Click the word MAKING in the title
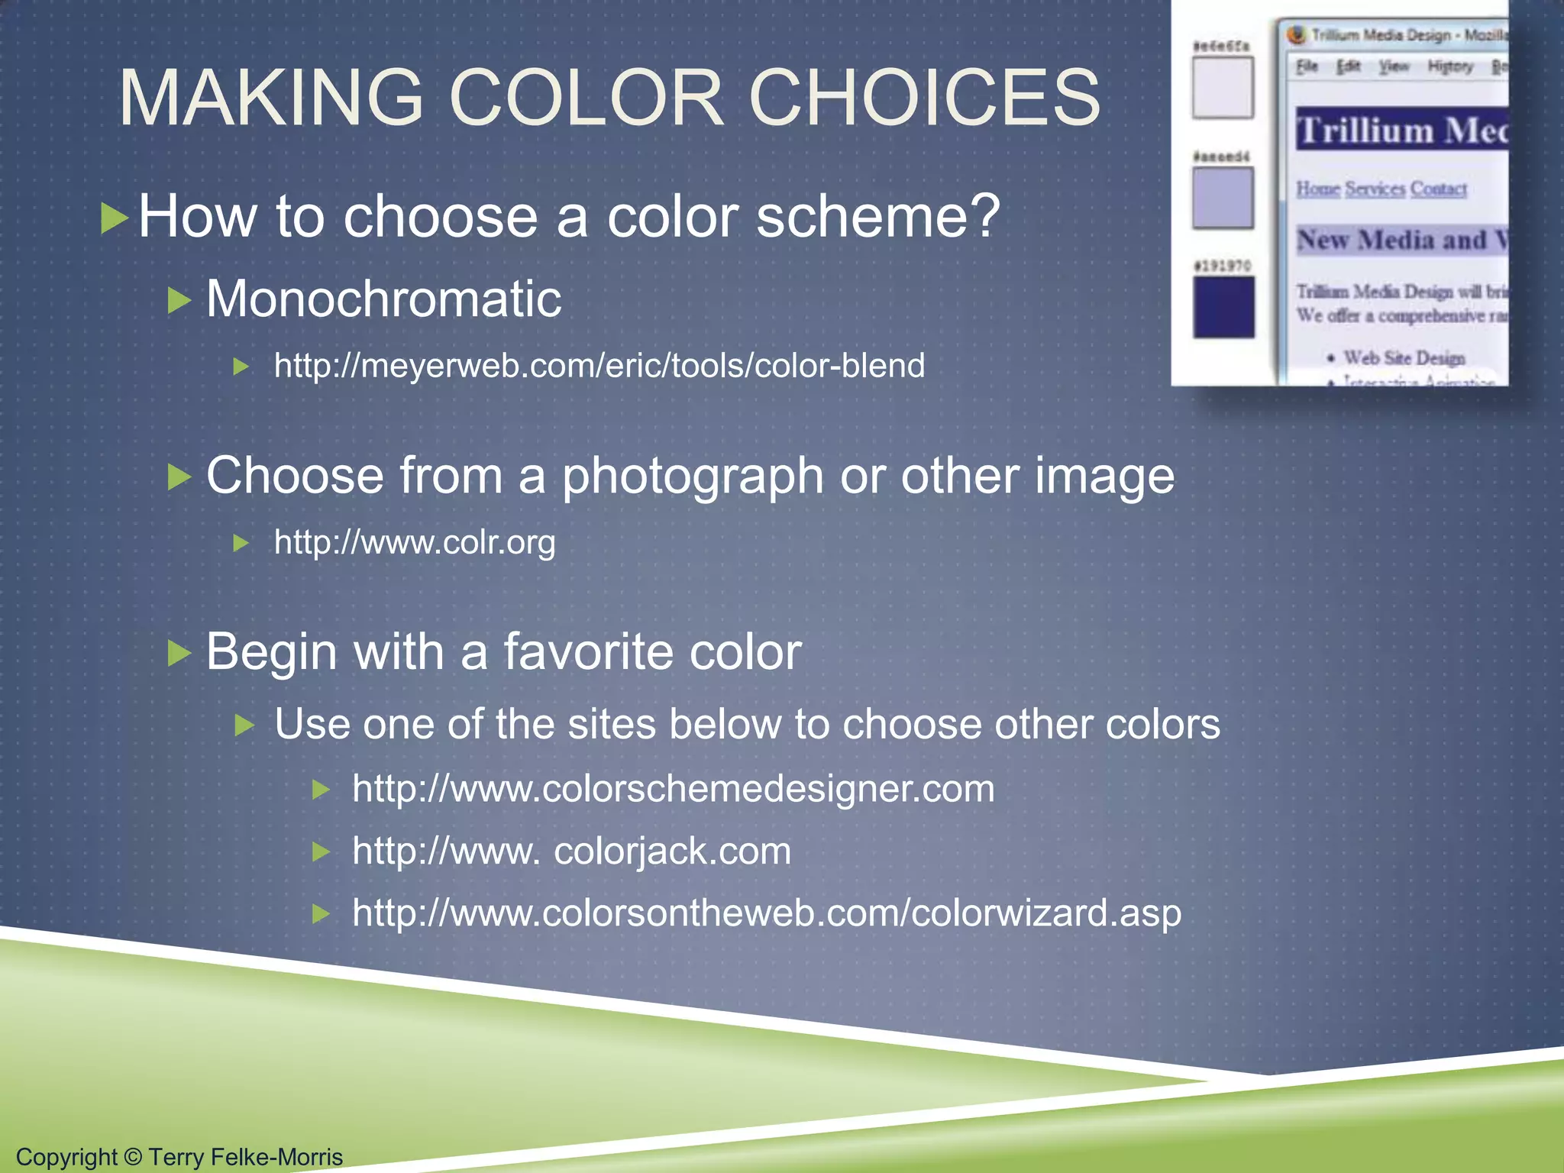click(x=271, y=98)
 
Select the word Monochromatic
click(x=383, y=298)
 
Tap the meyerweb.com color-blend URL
click(x=599, y=366)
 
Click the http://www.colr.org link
click(x=415, y=542)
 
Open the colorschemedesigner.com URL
click(x=673, y=788)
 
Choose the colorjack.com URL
click(x=571, y=851)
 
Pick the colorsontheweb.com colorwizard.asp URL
click(x=766, y=913)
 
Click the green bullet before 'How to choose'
click(x=115, y=218)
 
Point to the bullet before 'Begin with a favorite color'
click(x=179, y=654)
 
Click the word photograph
click(x=693, y=477)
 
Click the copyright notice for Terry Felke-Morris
click(x=179, y=1156)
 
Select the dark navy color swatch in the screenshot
click(x=1223, y=307)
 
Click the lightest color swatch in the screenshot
click(x=1223, y=88)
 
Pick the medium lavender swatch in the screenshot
click(x=1223, y=198)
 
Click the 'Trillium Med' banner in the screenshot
click(x=1402, y=129)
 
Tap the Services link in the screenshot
click(x=1375, y=189)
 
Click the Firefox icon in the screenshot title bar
click(x=1296, y=34)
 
